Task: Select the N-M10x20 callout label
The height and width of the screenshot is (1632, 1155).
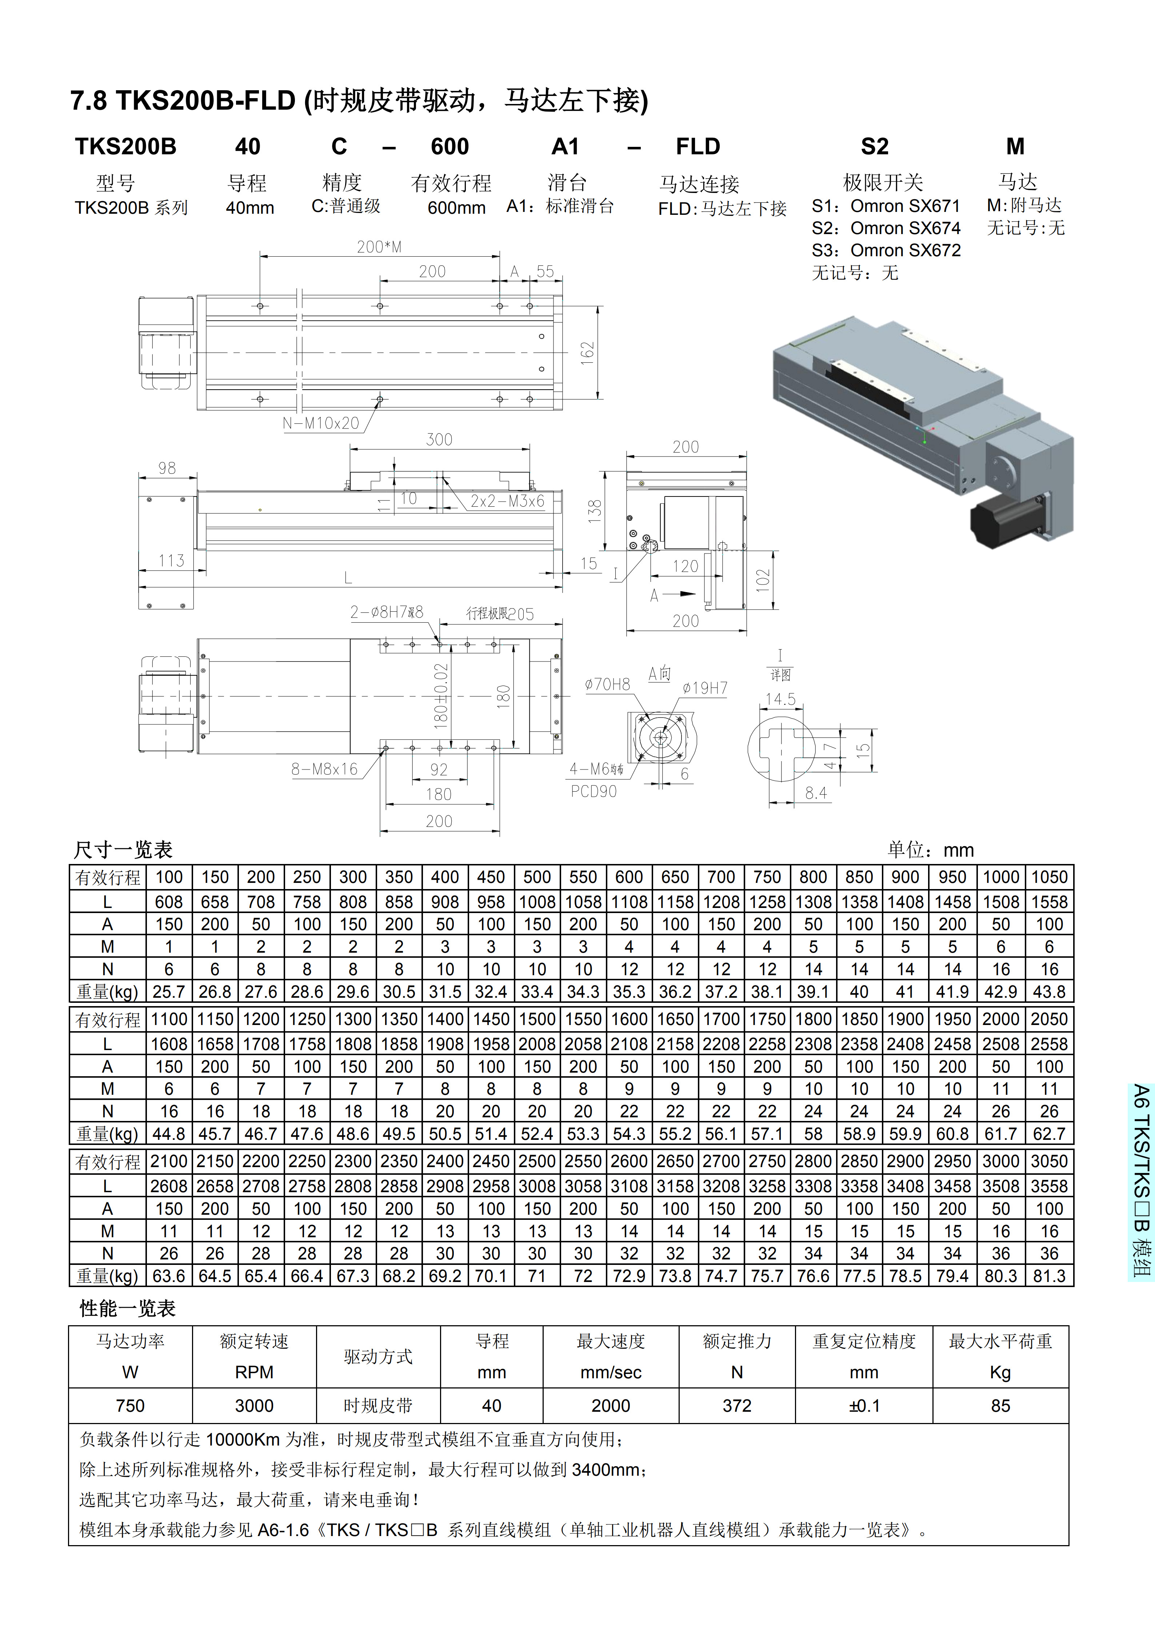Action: click(x=321, y=423)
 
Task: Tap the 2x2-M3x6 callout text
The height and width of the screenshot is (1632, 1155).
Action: click(x=507, y=501)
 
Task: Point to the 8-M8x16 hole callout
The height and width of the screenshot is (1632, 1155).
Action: click(x=324, y=769)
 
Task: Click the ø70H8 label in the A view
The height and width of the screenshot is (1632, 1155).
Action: click(x=607, y=684)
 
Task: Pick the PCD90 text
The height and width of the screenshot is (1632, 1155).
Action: click(x=594, y=791)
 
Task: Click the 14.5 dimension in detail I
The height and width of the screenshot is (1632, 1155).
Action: click(x=780, y=699)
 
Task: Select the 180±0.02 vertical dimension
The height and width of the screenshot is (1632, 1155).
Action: click(x=441, y=696)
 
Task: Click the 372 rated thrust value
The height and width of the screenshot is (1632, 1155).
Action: click(x=737, y=1406)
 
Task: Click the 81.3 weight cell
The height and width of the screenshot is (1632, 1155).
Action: click(x=1049, y=1276)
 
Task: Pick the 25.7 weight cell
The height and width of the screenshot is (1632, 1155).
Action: click(x=168, y=992)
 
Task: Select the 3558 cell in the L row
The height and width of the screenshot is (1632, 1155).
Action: click(x=1049, y=1186)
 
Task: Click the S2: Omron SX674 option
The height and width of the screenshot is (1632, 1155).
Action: click(x=886, y=228)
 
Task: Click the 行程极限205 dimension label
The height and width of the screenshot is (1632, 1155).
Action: click(x=500, y=614)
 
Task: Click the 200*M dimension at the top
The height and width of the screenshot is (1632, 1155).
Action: click(x=379, y=247)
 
